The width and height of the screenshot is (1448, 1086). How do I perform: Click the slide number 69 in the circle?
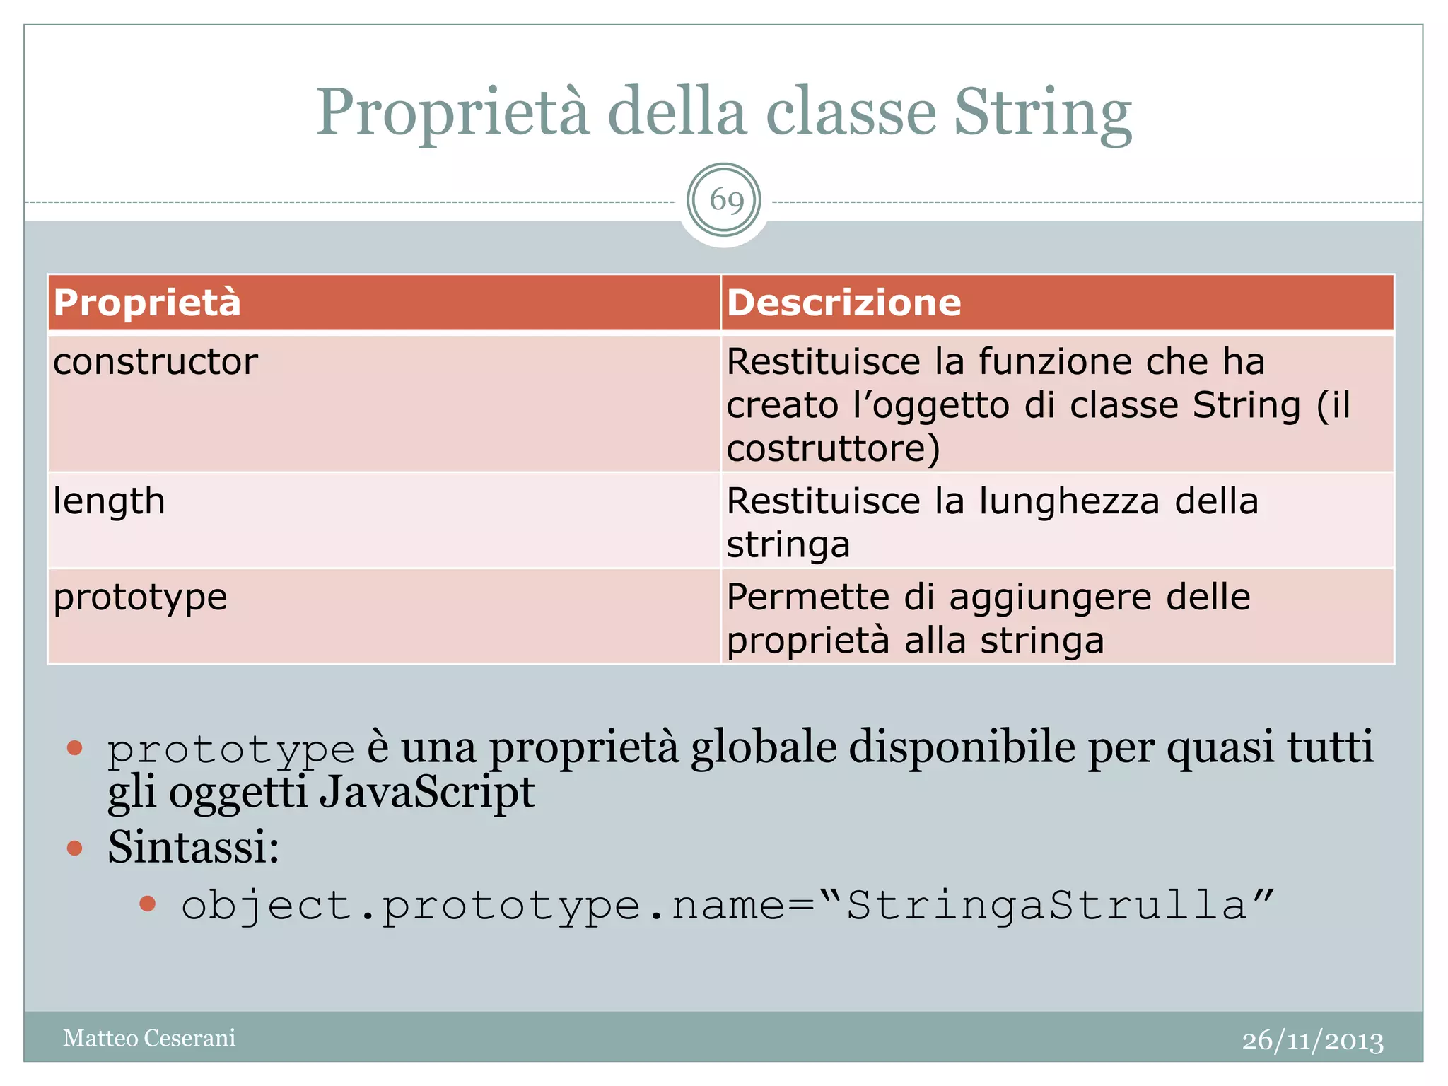click(726, 201)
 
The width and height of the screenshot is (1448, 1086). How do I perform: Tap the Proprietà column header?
click(147, 303)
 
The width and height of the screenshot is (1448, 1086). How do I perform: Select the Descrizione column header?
click(844, 303)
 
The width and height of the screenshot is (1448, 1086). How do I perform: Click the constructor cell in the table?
click(156, 362)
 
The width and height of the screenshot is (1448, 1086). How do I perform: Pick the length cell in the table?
click(109, 501)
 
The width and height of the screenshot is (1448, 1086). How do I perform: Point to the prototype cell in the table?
click(140, 597)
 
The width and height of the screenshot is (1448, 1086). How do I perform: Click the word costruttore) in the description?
click(833, 448)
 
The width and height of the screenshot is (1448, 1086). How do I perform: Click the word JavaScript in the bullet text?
click(426, 792)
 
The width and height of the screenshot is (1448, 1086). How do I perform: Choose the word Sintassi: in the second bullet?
click(193, 847)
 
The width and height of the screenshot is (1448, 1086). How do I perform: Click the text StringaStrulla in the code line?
click(1046, 906)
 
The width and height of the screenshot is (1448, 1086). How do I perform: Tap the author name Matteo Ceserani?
click(149, 1038)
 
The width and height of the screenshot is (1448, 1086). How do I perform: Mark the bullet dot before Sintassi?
click(75, 848)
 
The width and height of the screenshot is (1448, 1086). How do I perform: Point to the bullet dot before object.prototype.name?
click(147, 904)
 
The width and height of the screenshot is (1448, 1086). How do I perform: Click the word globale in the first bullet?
click(764, 747)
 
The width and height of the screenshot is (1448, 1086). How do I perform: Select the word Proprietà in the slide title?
click(452, 113)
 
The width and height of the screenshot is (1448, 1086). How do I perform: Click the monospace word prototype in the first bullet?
click(230, 749)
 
